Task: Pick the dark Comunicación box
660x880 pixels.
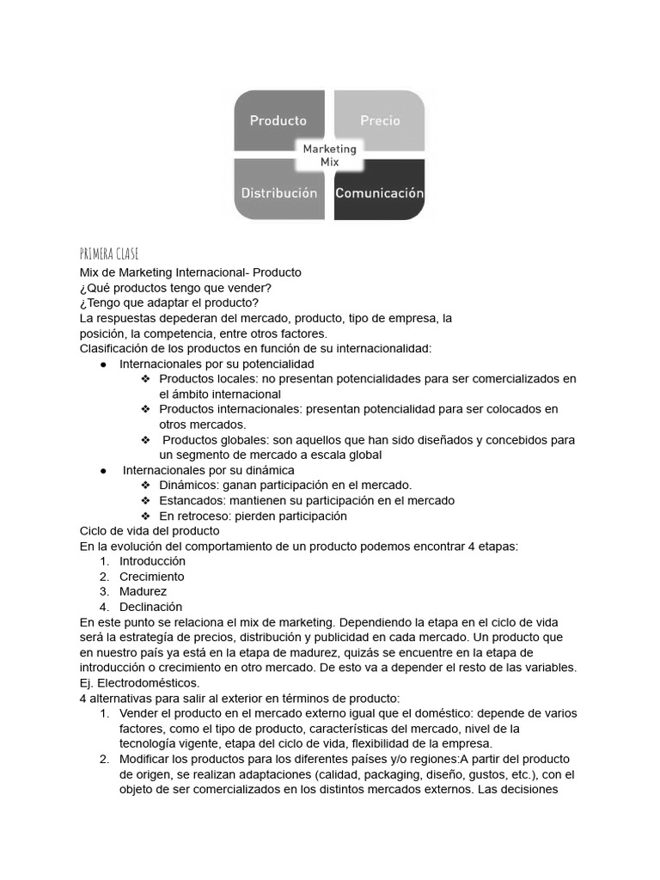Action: pos(379,192)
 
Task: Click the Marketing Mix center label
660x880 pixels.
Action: pos(329,156)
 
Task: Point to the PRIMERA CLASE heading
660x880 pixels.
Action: pos(108,254)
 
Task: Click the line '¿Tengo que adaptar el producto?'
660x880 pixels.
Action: pos(168,303)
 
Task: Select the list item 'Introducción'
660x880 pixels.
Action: pos(152,561)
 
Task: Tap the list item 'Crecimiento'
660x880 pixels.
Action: pos(151,577)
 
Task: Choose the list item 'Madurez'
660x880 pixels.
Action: pos(143,591)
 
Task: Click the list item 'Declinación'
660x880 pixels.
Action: pos(150,607)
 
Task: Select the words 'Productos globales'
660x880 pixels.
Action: pos(214,440)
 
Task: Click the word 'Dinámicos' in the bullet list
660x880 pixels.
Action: pos(188,486)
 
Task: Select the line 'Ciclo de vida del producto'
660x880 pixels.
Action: pos(150,531)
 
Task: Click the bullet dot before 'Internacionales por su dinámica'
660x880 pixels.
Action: pos(103,471)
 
